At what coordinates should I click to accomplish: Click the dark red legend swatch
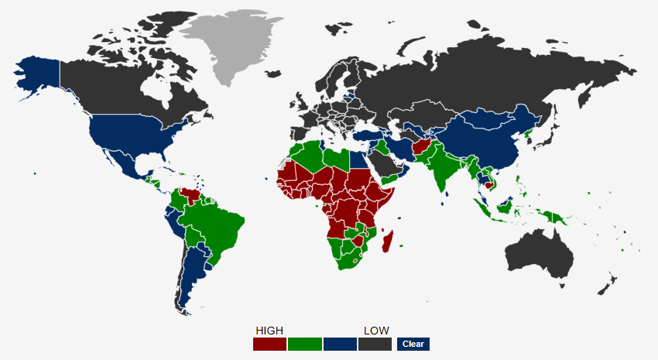pos(269,344)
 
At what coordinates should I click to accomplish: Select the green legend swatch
pos(304,344)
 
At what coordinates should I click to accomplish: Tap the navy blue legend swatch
pos(340,344)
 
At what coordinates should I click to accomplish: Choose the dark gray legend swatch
pos(375,344)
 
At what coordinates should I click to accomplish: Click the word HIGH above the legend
pos(269,331)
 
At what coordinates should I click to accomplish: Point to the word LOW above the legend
pos(376,331)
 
